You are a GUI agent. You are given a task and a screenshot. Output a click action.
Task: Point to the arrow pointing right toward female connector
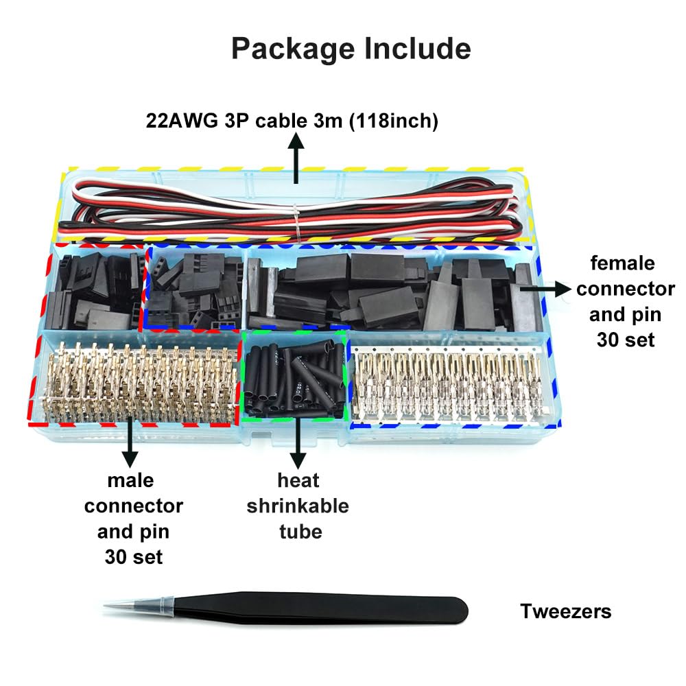click(542, 289)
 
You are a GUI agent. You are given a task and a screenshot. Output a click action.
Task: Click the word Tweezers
click(565, 611)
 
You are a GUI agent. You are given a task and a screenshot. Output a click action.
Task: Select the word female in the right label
click(623, 263)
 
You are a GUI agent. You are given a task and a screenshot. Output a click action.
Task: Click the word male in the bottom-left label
click(130, 480)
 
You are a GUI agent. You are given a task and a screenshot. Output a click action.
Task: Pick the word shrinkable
click(298, 506)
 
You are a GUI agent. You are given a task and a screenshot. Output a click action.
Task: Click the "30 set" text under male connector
click(134, 556)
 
